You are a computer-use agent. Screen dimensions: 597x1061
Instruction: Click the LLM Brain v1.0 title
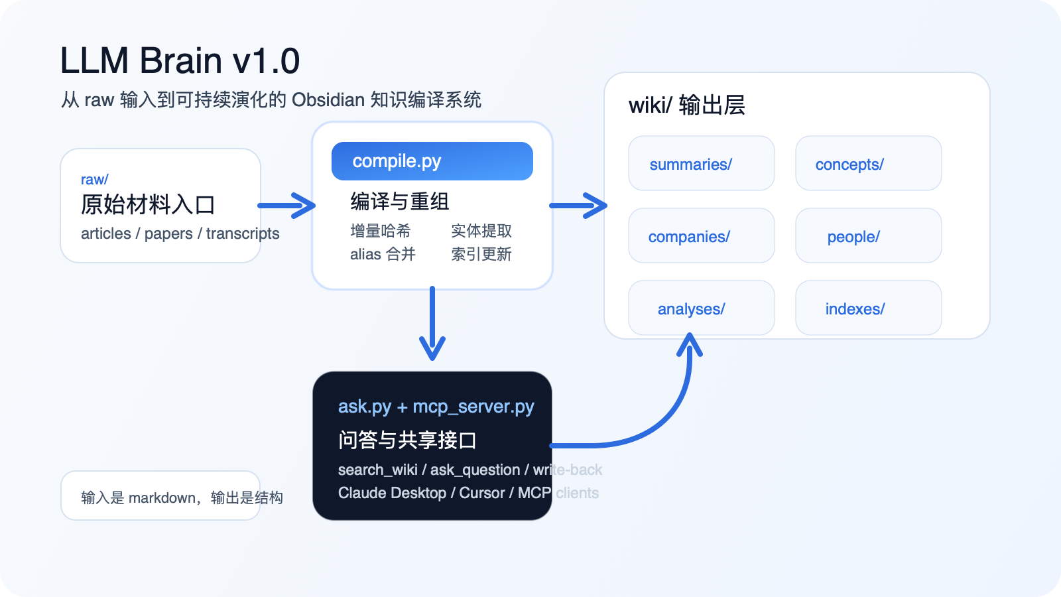[180, 61]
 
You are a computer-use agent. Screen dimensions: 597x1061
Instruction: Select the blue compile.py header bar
[432, 161]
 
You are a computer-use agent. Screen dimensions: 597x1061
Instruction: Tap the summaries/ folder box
[701, 164]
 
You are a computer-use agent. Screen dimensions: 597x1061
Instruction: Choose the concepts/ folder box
[868, 164]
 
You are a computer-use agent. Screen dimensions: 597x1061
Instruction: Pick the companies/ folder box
[701, 236]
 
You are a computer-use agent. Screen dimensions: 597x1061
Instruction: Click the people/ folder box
[868, 236]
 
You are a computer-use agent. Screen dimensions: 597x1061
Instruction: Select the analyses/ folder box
[701, 308]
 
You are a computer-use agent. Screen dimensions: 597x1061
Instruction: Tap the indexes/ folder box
[868, 308]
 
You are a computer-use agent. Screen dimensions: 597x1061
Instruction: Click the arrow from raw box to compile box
[286, 206]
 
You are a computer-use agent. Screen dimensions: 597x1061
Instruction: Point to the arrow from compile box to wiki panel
[578, 206]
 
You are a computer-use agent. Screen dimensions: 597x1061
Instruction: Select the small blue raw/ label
[94, 180]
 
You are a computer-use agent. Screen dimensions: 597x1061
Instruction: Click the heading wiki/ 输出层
[686, 105]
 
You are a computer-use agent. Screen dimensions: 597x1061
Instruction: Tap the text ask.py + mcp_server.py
[436, 407]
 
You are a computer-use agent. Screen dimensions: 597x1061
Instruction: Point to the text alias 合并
[383, 254]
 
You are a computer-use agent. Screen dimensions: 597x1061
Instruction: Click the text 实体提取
[481, 231]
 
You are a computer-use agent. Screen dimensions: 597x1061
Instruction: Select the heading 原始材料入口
[148, 205]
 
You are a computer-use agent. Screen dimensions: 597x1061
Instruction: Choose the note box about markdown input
[160, 496]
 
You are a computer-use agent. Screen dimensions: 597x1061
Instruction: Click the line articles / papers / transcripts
[180, 233]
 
